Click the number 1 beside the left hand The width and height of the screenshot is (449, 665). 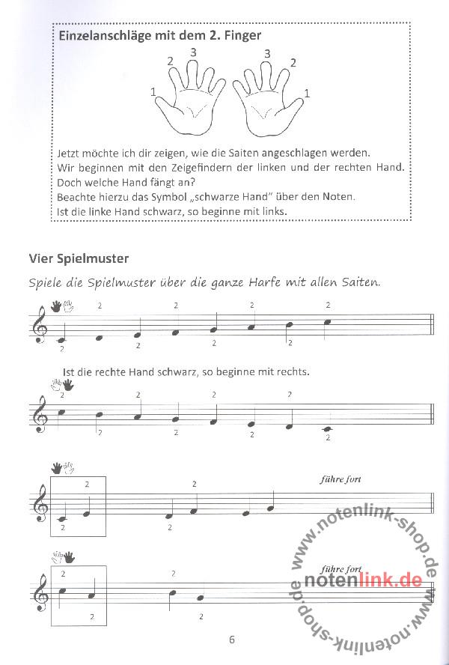[x=153, y=92]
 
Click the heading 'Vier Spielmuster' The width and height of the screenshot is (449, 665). [x=79, y=259]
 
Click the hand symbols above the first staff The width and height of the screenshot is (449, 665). [x=62, y=306]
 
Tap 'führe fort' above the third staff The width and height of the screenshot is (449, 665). [x=340, y=479]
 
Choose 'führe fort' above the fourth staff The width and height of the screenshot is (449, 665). [x=339, y=570]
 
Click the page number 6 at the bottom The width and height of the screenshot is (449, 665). [x=232, y=639]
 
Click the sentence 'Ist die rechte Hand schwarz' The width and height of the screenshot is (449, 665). [x=176, y=371]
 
